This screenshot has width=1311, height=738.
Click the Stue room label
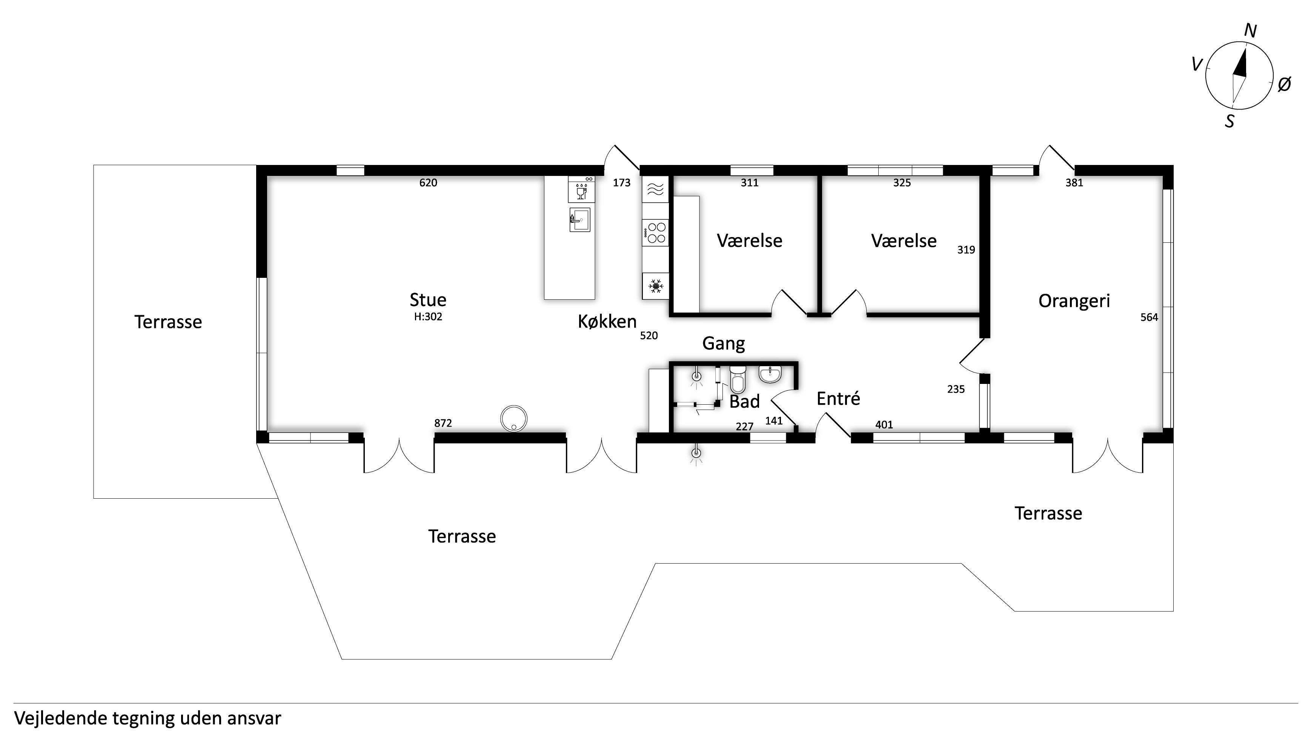click(x=428, y=299)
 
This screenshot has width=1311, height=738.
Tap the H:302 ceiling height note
click(x=428, y=317)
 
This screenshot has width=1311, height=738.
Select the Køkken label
click(x=607, y=321)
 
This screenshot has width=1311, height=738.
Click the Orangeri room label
click(x=1074, y=301)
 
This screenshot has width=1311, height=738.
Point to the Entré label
click(x=838, y=398)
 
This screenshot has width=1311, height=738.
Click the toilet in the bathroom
click(x=738, y=378)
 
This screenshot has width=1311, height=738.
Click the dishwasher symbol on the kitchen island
click(x=581, y=190)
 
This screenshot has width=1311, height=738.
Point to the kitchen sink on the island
click(x=580, y=220)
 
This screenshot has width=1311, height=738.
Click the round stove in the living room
click(x=513, y=419)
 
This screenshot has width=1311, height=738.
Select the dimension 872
click(x=443, y=423)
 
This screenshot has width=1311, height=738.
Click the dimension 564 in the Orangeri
click(x=1149, y=317)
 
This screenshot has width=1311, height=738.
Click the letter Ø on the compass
click(x=1284, y=85)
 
